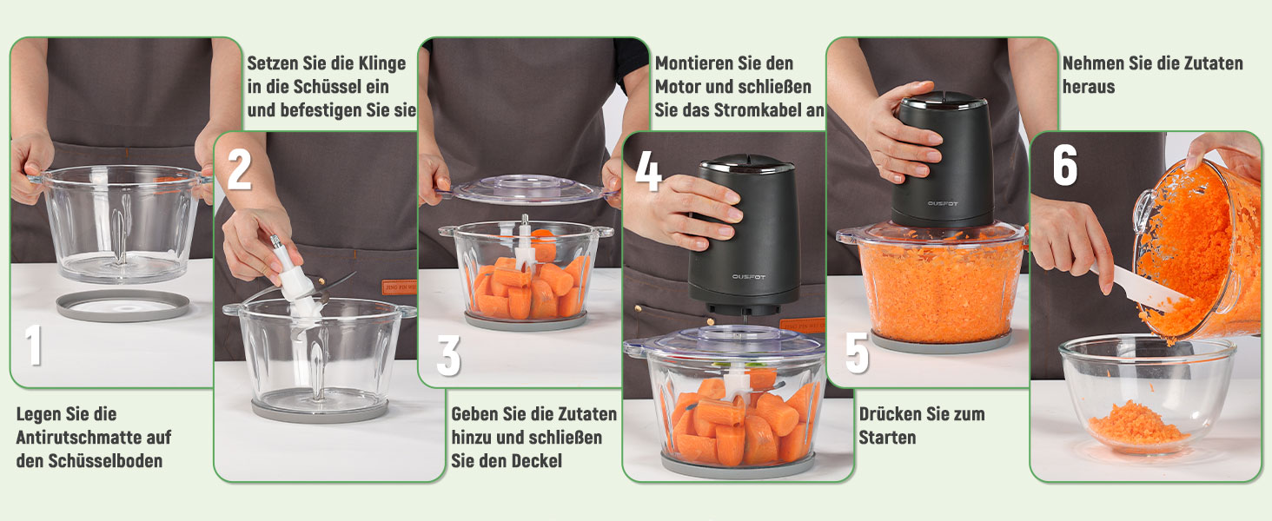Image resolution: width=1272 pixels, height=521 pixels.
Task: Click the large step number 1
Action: click(34, 345)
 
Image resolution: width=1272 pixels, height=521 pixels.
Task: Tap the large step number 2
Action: click(239, 168)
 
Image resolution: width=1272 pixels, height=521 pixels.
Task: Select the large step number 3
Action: click(448, 355)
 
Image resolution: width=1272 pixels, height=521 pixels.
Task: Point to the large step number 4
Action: click(648, 171)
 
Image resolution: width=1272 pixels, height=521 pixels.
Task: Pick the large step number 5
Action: click(857, 353)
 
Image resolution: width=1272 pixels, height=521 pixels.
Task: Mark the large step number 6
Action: click(1065, 165)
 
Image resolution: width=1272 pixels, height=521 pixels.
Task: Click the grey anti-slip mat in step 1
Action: click(123, 306)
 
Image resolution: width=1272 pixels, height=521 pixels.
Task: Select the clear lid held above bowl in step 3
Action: click(527, 190)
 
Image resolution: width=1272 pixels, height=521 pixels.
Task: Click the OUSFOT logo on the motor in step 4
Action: click(748, 277)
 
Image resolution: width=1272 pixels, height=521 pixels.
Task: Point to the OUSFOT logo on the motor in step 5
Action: click(943, 203)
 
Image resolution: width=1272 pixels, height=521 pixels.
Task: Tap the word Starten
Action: click(887, 438)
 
